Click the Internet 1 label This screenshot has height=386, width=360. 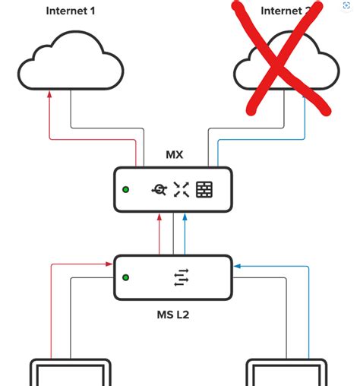pos(71,11)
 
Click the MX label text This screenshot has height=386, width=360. pos(174,155)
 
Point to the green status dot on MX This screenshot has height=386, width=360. pos(126,190)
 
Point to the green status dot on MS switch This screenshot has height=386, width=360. pos(126,278)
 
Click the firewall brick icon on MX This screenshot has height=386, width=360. pos(204,190)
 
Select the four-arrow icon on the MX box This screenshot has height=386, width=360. pos(180,190)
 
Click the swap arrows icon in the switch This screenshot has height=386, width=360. pos(180,278)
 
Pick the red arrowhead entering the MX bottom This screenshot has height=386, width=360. pos(159,217)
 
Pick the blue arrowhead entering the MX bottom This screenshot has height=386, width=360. pos(185,217)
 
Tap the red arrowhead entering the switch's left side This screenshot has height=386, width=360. pos(109,265)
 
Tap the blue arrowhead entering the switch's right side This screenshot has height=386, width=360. pos(238,267)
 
